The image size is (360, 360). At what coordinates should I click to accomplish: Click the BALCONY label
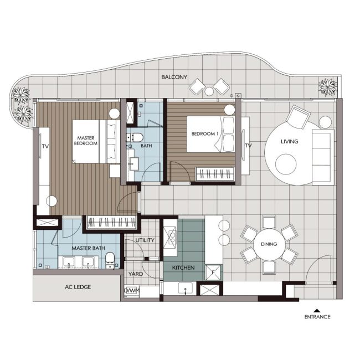[174, 77]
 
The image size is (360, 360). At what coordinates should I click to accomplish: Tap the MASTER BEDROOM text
[86, 141]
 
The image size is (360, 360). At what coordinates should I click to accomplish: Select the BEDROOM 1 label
[205, 133]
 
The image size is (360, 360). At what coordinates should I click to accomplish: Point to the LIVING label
[289, 141]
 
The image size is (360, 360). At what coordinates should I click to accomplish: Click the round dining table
[269, 244]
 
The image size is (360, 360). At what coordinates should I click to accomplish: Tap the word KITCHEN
[183, 268]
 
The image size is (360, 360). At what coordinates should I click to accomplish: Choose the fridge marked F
[213, 272]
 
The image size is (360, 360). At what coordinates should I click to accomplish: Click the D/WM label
[132, 291]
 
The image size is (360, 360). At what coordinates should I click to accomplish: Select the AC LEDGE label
[78, 287]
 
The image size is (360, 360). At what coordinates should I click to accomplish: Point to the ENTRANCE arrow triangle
[317, 311]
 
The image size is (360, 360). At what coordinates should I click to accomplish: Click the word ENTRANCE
[317, 317]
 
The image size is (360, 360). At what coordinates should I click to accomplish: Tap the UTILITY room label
[145, 240]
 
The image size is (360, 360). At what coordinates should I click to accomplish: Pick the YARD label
[136, 274]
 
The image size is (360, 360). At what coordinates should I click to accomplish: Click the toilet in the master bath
[110, 260]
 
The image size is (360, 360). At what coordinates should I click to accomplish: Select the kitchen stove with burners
[169, 238]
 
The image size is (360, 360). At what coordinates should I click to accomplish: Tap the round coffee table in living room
[286, 164]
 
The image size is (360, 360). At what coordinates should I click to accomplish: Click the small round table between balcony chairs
[209, 91]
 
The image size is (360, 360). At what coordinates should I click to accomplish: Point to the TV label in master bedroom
[45, 146]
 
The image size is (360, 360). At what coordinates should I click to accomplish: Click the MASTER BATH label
[88, 248]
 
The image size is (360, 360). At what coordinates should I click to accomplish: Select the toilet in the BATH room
[135, 137]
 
